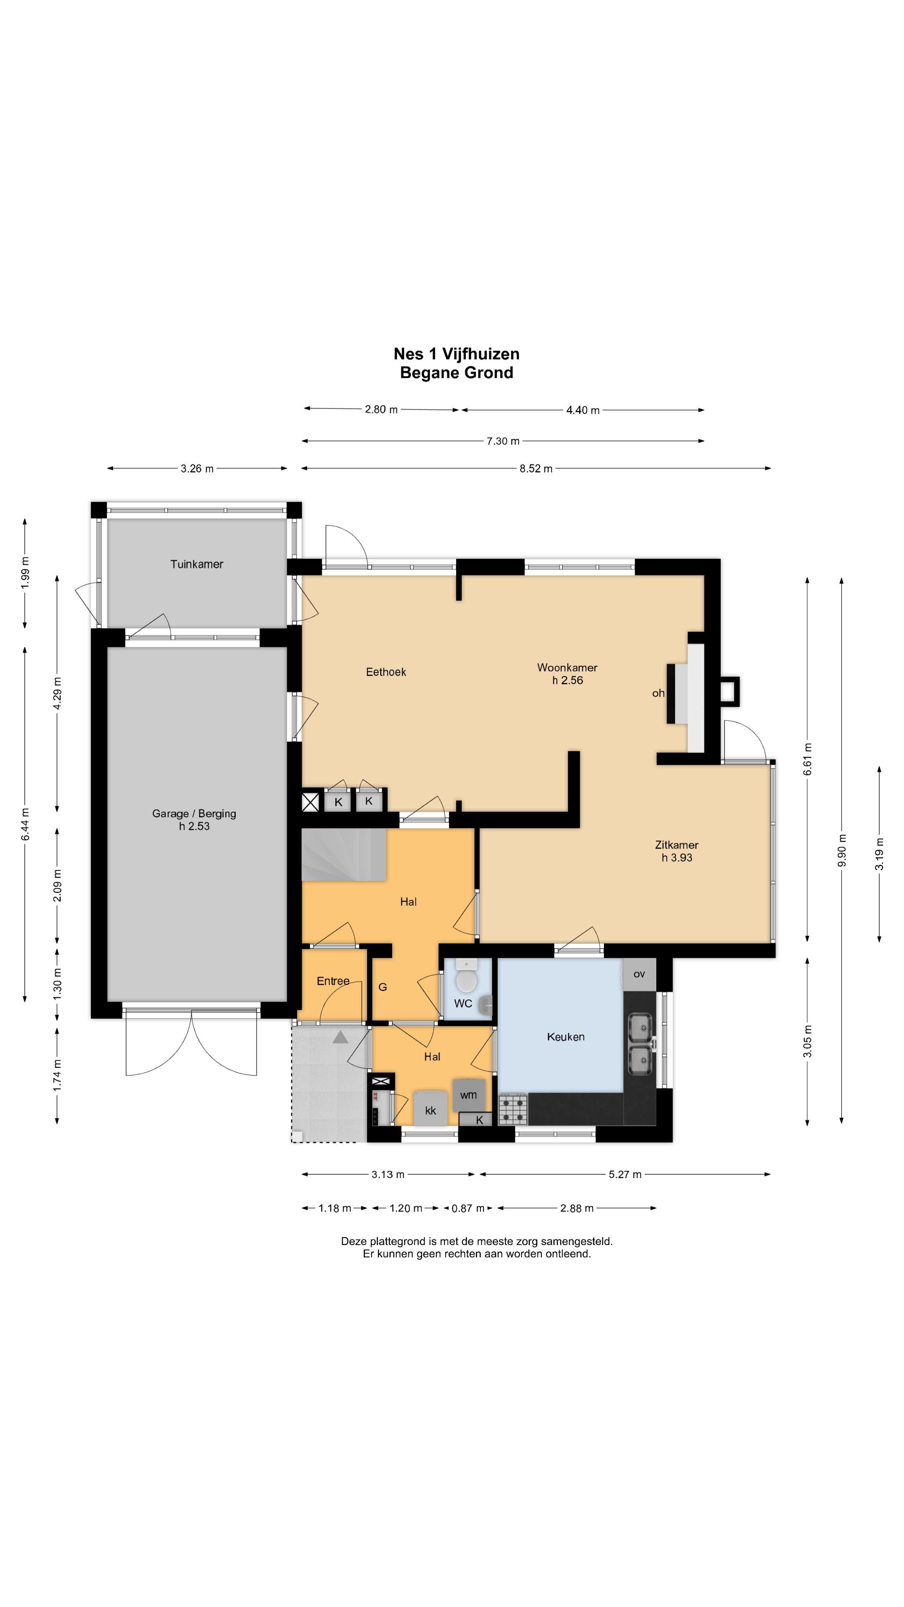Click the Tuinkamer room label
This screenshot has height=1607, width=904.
[197, 564]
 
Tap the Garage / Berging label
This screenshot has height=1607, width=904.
[194, 814]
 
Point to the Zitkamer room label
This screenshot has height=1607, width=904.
[676, 845]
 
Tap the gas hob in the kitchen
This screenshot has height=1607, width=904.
[513, 1109]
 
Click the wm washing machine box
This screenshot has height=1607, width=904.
[469, 1095]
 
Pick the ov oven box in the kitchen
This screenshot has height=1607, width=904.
[639, 974]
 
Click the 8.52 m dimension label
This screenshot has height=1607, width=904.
[536, 469]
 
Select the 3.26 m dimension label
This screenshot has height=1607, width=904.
[197, 469]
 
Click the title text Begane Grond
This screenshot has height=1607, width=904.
[457, 372]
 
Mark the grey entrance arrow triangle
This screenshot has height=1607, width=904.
[340, 1037]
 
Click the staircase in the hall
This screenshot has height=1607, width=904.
[344, 855]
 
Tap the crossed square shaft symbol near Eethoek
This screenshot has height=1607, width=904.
[310, 802]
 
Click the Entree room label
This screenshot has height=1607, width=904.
[333, 981]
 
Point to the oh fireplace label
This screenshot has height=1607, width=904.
[658, 693]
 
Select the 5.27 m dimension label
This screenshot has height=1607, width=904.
[625, 1175]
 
